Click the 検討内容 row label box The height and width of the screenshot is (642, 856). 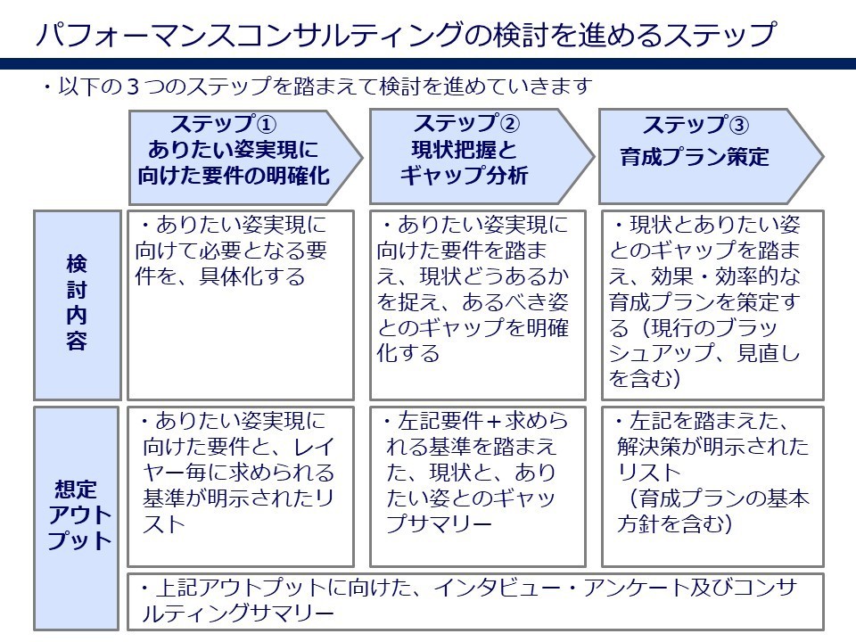click(77, 303)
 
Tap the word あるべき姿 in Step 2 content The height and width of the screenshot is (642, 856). click(525, 302)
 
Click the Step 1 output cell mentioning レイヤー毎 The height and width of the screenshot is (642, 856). click(241, 473)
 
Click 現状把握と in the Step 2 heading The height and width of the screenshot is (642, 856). click(463, 150)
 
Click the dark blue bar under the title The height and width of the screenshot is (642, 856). click(428, 64)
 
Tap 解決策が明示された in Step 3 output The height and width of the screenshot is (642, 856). click(713, 446)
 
